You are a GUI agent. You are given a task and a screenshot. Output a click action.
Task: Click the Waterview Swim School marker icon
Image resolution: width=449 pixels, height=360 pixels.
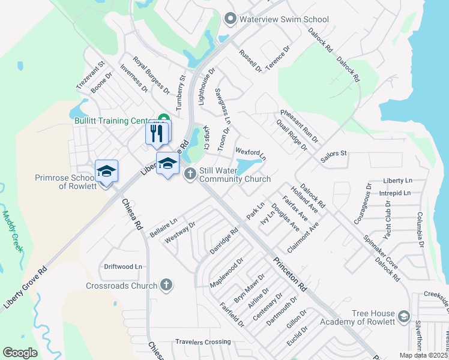pyautogui.click(x=229, y=19)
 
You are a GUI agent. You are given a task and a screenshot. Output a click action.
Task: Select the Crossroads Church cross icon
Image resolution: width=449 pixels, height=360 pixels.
pyautogui.click(x=166, y=286)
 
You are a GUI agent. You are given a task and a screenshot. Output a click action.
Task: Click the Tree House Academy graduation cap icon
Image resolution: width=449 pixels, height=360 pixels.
pyautogui.click(x=404, y=316)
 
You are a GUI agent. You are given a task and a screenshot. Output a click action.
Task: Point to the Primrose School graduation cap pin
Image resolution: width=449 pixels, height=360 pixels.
pyautogui.click(x=106, y=171)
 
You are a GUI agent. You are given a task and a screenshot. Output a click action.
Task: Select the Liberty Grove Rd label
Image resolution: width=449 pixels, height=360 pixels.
pyautogui.click(x=25, y=288)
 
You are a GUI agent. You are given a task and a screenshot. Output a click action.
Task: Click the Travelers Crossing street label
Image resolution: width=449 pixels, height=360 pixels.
pyautogui.click(x=202, y=341)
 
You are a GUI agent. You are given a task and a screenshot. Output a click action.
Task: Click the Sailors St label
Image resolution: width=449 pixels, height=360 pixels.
pyautogui.click(x=334, y=154)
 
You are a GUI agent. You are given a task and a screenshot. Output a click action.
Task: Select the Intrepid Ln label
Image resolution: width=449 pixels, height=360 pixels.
pyautogui.click(x=396, y=193)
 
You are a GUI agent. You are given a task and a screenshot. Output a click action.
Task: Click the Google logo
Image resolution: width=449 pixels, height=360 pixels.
pyautogui.click(x=20, y=353)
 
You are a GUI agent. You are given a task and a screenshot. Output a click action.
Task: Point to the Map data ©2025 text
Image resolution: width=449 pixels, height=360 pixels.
pyautogui.click(x=423, y=355)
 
